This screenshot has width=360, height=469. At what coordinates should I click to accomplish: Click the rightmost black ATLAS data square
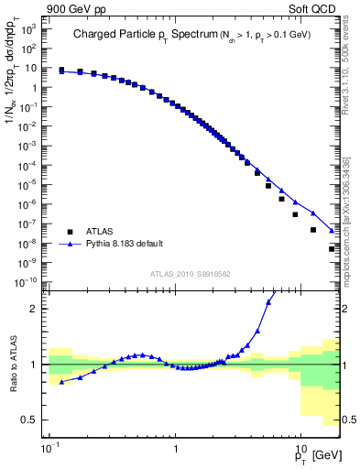[x=333, y=248]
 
